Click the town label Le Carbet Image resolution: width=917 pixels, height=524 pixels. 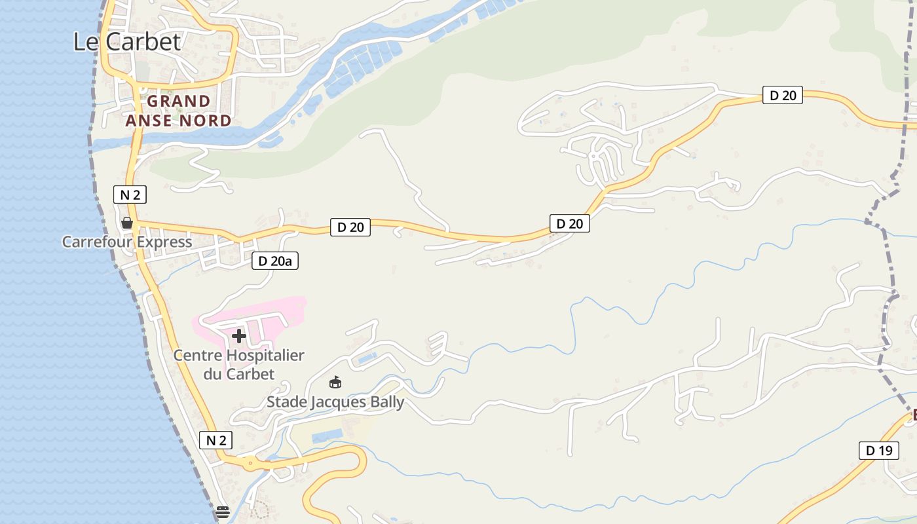point(126,42)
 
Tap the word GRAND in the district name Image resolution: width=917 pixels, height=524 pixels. point(178,102)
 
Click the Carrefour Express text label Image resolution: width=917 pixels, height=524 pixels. point(127,242)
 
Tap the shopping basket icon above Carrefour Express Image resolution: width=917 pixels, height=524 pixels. point(127,223)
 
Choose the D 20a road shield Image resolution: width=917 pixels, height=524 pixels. point(275,261)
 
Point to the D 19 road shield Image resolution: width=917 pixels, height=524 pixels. point(878,451)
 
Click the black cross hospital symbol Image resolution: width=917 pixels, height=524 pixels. point(239,336)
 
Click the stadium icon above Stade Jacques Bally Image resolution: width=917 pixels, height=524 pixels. point(335,383)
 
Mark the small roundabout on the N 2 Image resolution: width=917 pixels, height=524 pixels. point(250,463)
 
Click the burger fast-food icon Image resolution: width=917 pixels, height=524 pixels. point(223,512)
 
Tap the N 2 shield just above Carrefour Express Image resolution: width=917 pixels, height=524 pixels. point(130,195)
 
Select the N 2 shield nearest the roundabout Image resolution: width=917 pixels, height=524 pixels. point(215,440)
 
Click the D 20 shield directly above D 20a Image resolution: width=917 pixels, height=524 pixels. point(350,227)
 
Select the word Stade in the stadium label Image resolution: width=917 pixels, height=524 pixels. point(287,402)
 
